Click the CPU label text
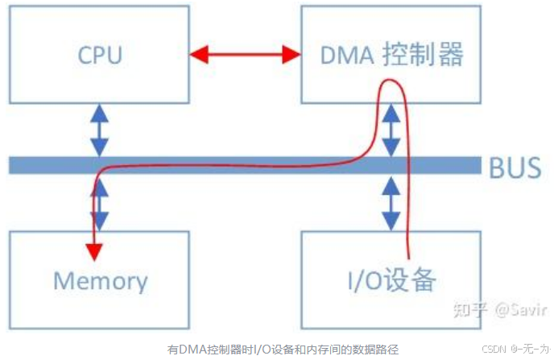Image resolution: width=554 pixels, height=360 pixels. [x=100, y=55]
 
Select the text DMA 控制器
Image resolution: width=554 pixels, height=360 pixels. [x=391, y=55]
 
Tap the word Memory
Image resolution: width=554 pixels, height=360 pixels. [x=100, y=281]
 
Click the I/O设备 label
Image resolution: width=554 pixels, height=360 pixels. [x=391, y=280]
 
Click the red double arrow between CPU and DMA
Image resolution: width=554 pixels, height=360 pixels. [x=244, y=55]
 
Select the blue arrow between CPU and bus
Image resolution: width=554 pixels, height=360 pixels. [x=100, y=128]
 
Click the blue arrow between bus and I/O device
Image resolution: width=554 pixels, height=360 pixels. [x=391, y=202]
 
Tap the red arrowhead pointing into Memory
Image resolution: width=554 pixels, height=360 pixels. [x=95, y=251]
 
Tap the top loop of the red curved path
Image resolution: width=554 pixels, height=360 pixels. [x=393, y=83]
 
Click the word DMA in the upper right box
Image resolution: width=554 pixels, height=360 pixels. [x=348, y=55]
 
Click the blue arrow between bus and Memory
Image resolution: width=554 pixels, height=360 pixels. [x=100, y=202]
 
